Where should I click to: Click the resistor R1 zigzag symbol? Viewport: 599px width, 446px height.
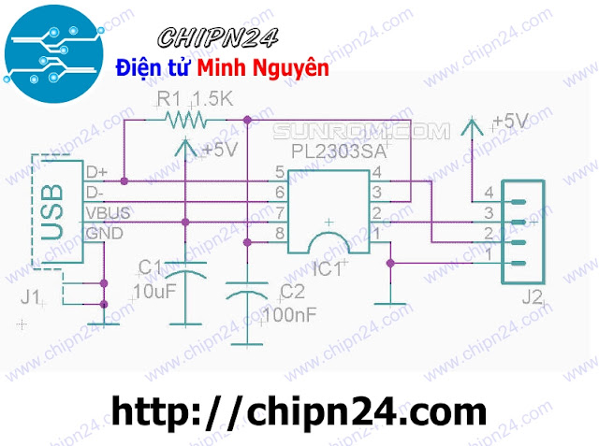point(183,119)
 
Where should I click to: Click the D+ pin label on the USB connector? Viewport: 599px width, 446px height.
point(96,173)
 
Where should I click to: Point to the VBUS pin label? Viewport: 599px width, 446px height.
point(109,213)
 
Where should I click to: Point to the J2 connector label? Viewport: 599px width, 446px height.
point(532,300)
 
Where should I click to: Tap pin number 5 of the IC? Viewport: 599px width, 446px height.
point(279,173)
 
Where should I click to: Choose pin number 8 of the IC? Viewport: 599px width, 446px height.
point(279,232)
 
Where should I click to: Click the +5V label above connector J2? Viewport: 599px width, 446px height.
point(509,122)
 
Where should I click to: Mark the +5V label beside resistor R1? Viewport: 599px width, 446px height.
point(217,150)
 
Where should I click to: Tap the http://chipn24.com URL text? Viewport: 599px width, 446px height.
point(299,410)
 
